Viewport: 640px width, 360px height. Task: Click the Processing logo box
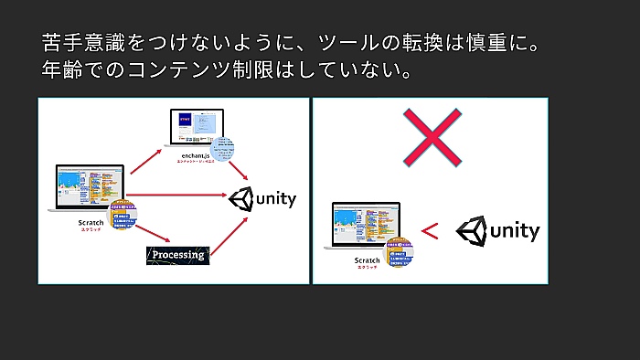[x=178, y=254]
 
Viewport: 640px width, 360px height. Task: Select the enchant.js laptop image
[x=194, y=128]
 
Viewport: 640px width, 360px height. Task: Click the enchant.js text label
[x=195, y=156]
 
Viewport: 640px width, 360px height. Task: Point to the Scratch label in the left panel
[x=91, y=223]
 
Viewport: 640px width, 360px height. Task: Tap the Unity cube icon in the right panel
[x=471, y=231]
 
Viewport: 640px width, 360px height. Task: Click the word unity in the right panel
[x=514, y=232]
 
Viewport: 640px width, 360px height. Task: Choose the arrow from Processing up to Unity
[x=230, y=232]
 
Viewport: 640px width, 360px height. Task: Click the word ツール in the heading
[x=348, y=42]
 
